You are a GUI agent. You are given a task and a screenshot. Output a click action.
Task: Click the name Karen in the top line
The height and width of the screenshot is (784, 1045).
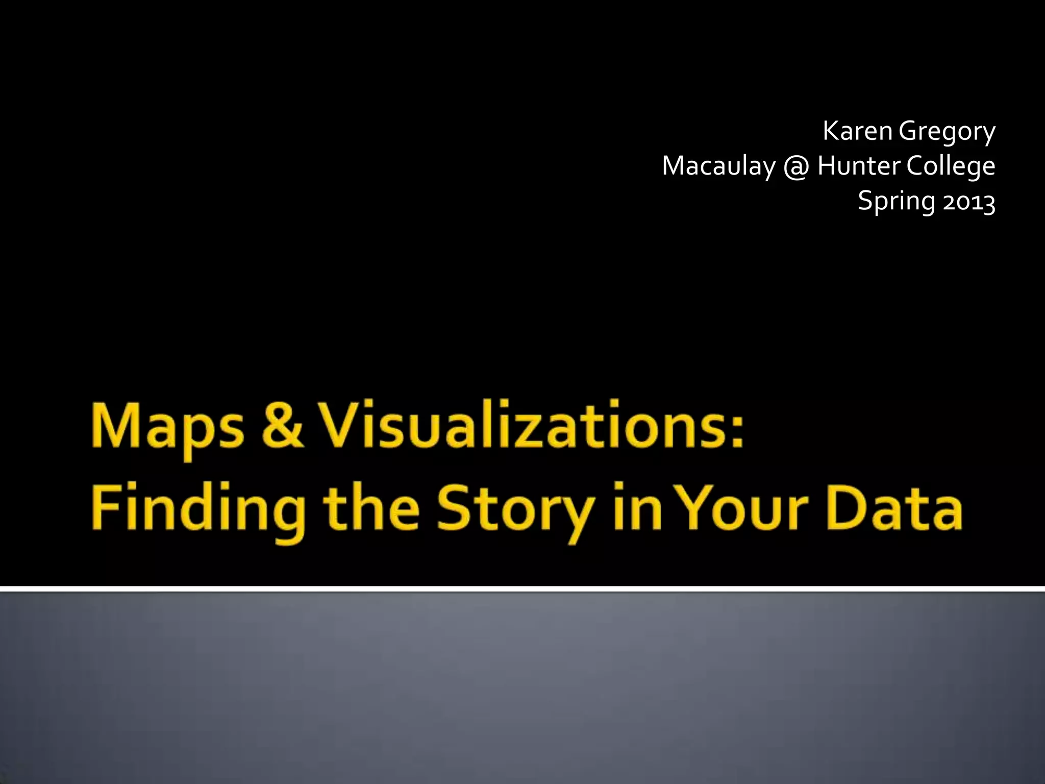(x=857, y=131)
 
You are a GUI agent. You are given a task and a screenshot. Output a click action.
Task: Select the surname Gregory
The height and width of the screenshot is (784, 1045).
(x=947, y=132)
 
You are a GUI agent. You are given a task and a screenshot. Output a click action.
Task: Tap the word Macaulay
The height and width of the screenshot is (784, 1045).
(x=718, y=166)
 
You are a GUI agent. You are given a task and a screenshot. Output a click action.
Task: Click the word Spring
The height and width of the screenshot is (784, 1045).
(x=897, y=201)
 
